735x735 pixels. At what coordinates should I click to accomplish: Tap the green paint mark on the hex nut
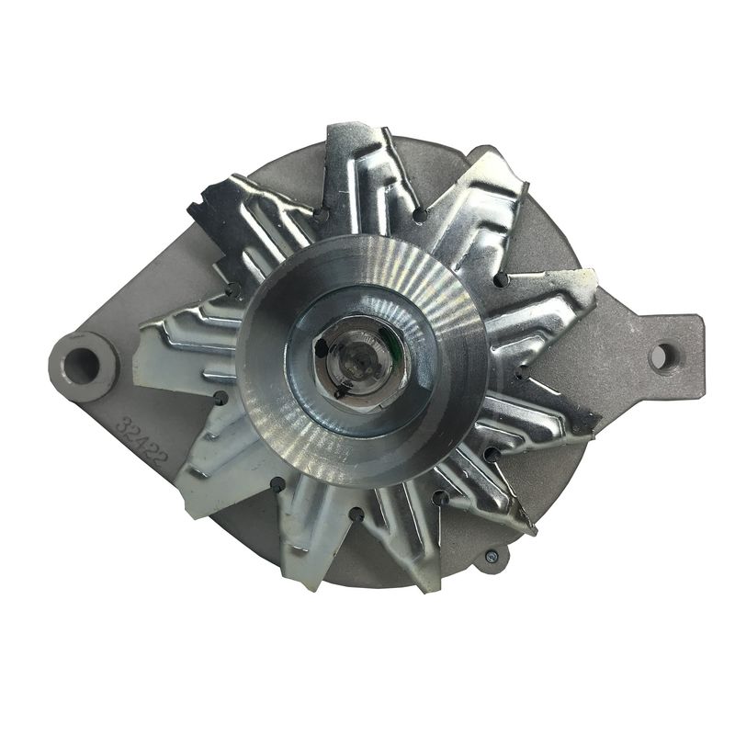click(387, 345)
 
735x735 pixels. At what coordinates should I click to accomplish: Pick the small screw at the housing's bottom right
click(492, 556)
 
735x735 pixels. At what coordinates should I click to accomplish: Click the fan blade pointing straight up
click(362, 175)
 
